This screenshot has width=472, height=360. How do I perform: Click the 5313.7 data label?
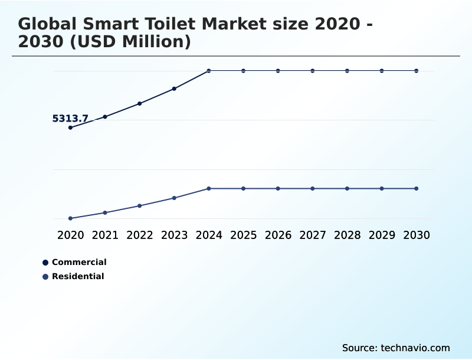pos(70,119)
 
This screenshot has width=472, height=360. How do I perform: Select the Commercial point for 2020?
pos(70,127)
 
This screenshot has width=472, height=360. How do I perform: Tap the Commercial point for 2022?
pos(140,104)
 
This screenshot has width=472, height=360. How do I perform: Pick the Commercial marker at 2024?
pos(209,71)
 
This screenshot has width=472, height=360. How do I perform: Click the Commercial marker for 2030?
pos(417,71)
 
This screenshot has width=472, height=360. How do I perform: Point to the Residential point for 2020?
pos(70,218)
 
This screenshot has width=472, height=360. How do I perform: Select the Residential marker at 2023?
pos(174,198)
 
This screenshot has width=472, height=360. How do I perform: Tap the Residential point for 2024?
pos(209,189)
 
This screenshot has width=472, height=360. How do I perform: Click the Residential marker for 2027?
pos(313,189)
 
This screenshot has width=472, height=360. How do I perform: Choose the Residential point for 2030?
pos(417,189)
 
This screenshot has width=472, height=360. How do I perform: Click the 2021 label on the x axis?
pos(105,235)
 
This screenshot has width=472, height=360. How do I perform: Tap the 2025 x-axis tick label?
pos(244,235)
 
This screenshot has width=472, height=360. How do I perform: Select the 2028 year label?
pos(348,235)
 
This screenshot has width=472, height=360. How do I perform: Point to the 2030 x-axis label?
pos(417,235)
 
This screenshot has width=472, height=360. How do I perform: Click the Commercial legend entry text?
pos(79,263)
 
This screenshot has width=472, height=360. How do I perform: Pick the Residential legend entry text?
pos(78,277)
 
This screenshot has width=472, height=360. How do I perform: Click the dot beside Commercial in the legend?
pos(45,263)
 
